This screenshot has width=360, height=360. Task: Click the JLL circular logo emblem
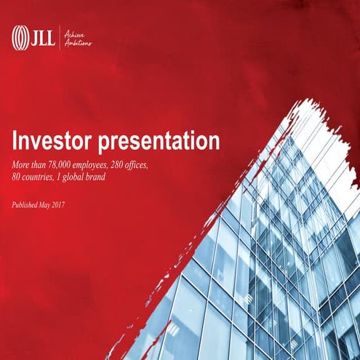[20, 35]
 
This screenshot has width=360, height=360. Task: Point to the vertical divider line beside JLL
[58, 36]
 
